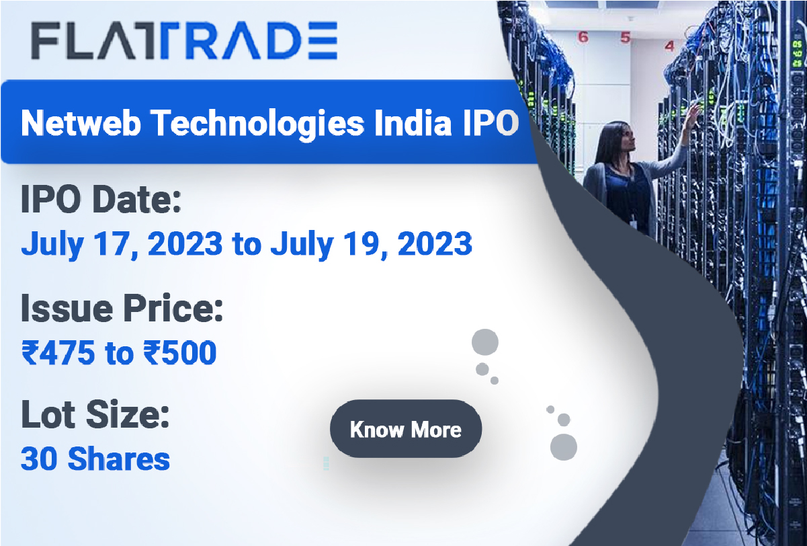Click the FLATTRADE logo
(x=184, y=40)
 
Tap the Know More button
(x=406, y=429)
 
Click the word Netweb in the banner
(x=81, y=123)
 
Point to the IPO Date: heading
(x=101, y=200)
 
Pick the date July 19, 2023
(x=371, y=244)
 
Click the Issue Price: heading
(x=122, y=308)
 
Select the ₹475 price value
(x=58, y=352)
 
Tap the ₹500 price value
(x=180, y=352)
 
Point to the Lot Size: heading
(x=95, y=414)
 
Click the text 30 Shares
(x=95, y=459)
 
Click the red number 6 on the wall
(x=583, y=37)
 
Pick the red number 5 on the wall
(x=626, y=38)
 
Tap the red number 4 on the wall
(x=669, y=46)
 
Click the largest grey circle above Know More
(x=485, y=342)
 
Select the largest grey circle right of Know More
(x=564, y=447)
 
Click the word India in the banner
(x=413, y=123)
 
